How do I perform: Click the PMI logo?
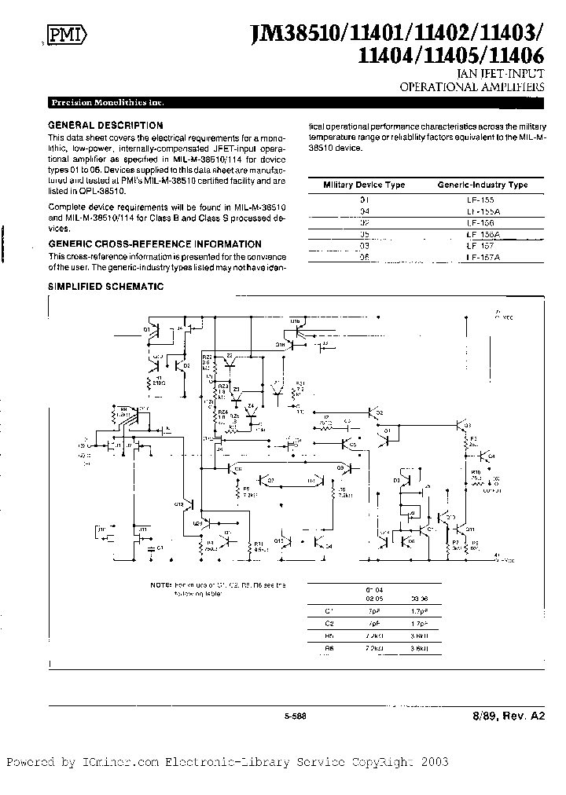pos(66,34)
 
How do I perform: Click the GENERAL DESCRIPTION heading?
pos(105,125)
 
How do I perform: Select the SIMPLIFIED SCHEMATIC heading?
pos(106,287)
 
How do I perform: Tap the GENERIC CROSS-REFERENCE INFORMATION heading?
pos(155,244)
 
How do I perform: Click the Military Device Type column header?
pos(365,185)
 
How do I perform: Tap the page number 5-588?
pos(295,714)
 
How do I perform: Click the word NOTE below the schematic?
pos(162,586)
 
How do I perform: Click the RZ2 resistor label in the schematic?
pos(208,357)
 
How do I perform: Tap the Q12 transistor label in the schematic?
pos(178,503)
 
